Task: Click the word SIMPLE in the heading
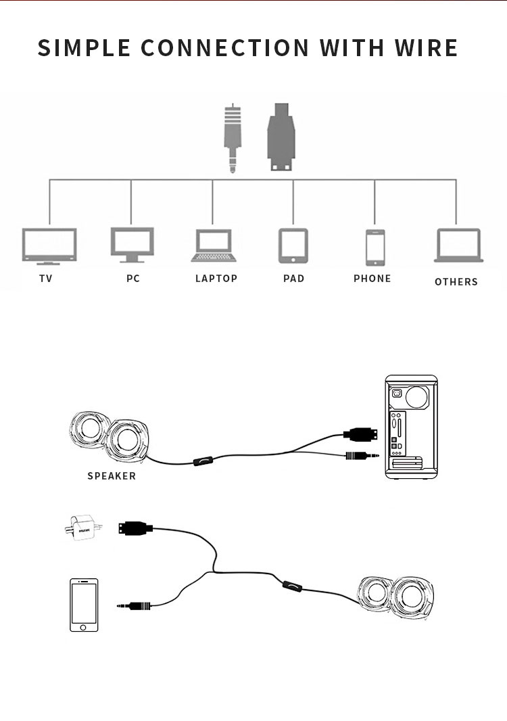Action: [84, 48]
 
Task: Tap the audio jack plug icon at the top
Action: [233, 138]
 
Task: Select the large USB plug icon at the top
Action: [281, 137]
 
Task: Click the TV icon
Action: [49, 246]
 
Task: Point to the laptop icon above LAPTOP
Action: [214, 246]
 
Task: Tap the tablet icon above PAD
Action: [293, 246]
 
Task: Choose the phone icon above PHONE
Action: [375, 248]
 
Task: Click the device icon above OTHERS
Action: [458, 246]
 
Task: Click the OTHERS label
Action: [456, 282]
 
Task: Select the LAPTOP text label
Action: [216, 279]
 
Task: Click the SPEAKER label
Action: [112, 476]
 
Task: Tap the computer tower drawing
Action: [411, 427]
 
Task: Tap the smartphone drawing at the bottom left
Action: [84, 605]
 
